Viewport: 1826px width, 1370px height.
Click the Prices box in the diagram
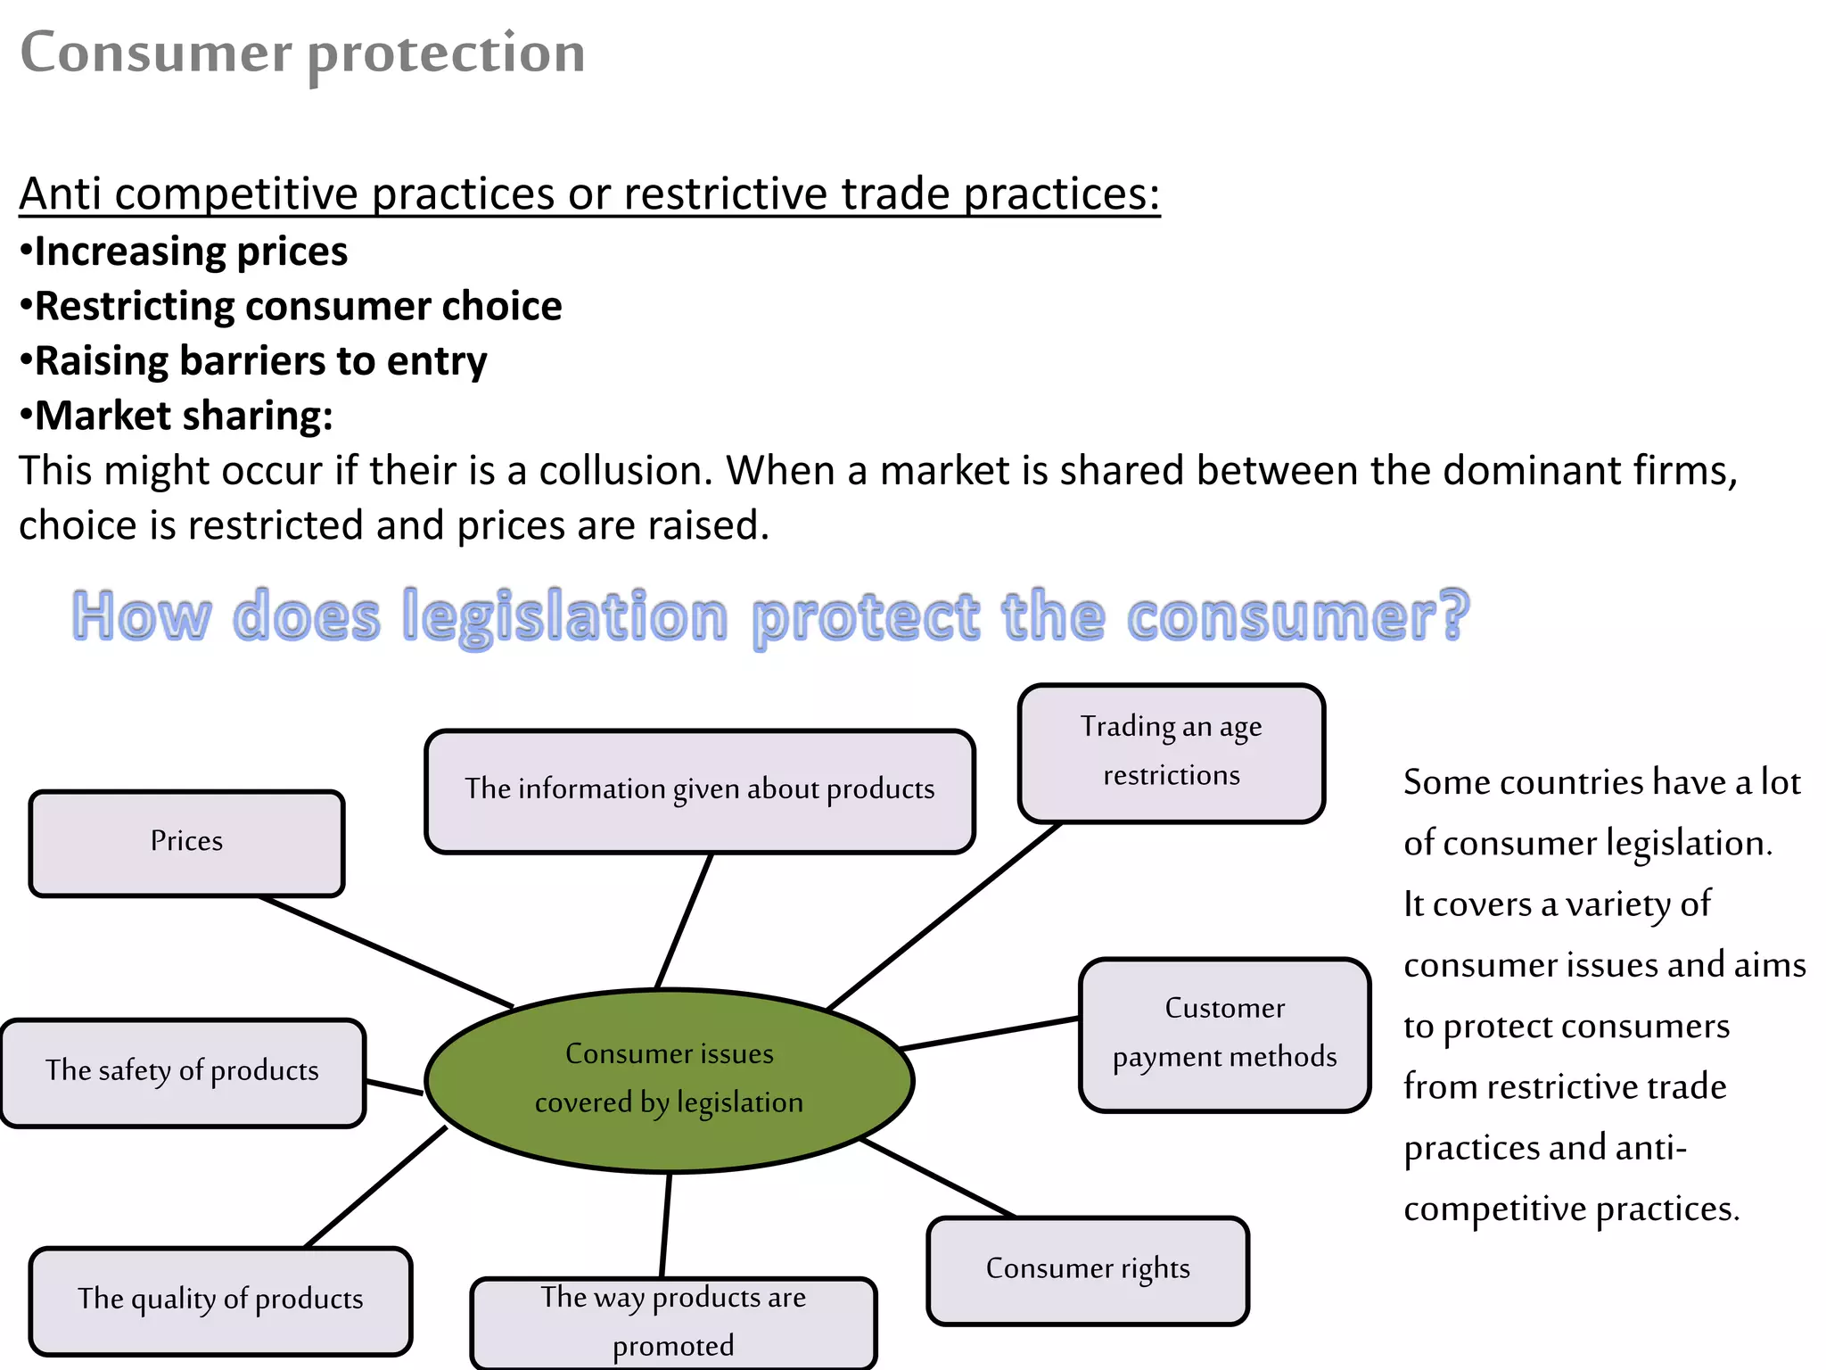186,843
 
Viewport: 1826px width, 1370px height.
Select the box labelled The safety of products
183,1072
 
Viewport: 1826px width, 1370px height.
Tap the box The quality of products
220,1300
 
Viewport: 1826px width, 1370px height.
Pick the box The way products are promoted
673,1322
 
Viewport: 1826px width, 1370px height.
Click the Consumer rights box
1088,1270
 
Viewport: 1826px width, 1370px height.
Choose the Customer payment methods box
1224,1035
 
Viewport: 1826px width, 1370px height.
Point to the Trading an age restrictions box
1171,752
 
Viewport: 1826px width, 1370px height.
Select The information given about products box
699,790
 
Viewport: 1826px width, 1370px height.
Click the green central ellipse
669,1079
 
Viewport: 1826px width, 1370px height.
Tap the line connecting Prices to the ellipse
385,952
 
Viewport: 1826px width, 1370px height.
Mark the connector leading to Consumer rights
938,1178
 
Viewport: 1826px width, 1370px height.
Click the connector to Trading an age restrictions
943,916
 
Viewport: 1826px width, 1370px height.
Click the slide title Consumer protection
302,53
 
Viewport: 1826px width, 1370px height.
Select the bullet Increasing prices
190,252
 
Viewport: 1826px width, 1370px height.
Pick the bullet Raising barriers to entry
259,361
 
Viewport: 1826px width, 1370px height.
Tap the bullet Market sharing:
183,416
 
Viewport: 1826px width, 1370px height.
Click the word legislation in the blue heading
565,617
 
